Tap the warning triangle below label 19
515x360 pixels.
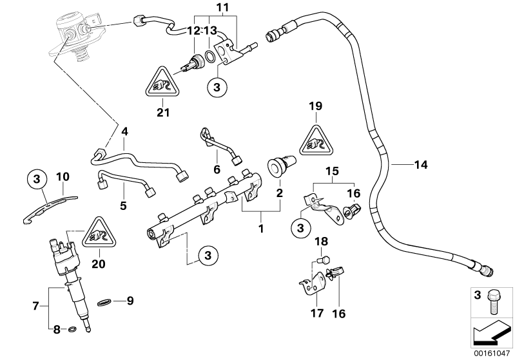pos(316,139)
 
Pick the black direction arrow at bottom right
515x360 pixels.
pos(491,333)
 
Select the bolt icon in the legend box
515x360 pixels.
pos(498,298)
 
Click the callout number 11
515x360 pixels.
pos(204,8)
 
